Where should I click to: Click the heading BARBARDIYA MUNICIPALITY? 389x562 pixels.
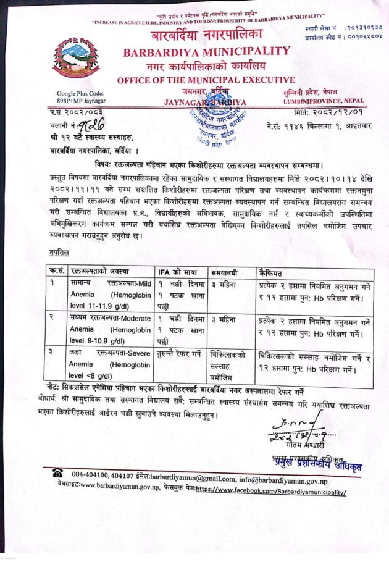(x=206, y=51)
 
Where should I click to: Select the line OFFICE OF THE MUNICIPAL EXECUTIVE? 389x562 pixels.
(x=206, y=79)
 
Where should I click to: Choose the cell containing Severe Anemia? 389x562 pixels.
(x=101, y=364)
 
